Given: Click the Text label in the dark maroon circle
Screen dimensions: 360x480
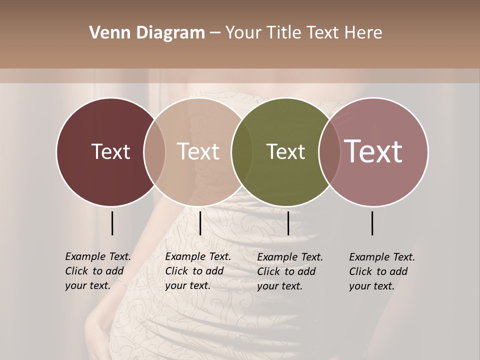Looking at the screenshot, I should coord(110,151).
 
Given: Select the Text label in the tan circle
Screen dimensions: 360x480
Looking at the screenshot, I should coord(198,151).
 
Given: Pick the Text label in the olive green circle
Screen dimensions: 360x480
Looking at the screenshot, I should coord(285,151).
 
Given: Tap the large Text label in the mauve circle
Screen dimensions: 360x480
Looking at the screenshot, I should coord(373,151).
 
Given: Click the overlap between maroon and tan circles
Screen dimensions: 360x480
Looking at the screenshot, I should coord(154,151).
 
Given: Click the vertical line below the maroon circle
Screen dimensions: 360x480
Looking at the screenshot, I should coord(112,223).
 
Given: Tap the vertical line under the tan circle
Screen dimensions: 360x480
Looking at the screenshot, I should coord(200,223).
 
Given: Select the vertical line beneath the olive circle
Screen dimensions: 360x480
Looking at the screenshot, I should coord(288,223).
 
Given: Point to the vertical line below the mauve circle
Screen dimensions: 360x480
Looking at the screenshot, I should coord(372,223).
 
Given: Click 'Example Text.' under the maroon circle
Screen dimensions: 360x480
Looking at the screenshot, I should coord(98,256).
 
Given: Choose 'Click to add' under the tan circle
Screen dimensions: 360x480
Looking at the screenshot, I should coord(194,271).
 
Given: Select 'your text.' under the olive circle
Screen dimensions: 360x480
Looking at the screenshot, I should coord(279,286).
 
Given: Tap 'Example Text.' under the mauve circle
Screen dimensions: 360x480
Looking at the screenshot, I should coord(382,257).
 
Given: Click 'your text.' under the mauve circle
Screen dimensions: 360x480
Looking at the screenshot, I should coord(371,286).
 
